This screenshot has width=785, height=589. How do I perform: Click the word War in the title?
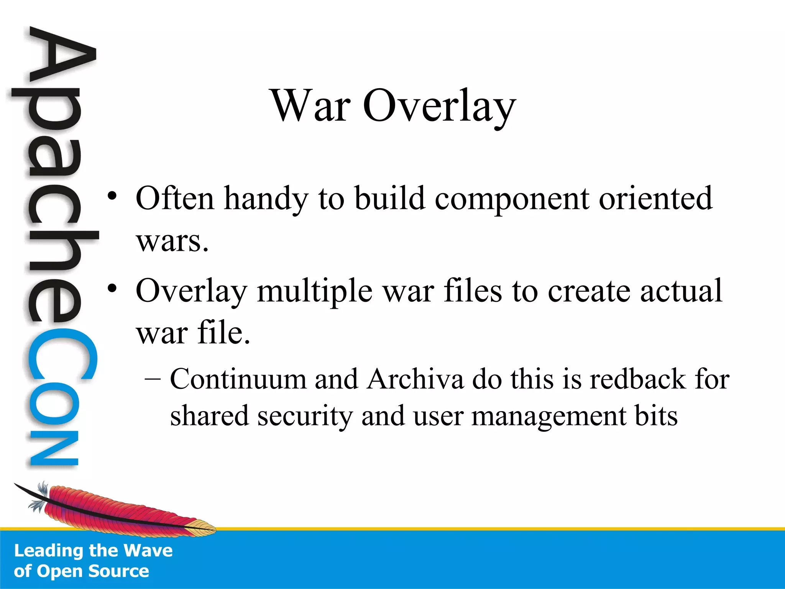(x=310, y=105)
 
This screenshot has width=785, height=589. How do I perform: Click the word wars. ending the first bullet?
(x=172, y=242)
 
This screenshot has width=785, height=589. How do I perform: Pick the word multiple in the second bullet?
(x=314, y=291)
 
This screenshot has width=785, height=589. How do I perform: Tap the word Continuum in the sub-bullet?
(x=238, y=379)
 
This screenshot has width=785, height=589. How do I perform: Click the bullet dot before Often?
(x=112, y=196)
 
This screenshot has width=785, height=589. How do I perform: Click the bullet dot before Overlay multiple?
(x=112, y=288)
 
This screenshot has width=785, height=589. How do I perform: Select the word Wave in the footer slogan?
(x=149, y=551)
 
